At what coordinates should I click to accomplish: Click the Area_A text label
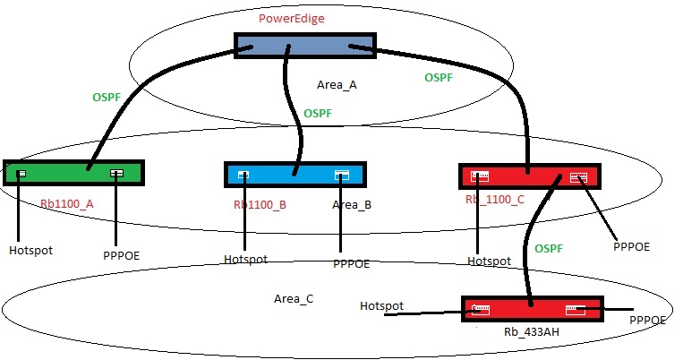(x=337, y=85)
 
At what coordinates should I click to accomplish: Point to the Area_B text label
(x=352, y=204)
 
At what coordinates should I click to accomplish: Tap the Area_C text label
(x=293, y=297)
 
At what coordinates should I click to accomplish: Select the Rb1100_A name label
(x=67, y=203)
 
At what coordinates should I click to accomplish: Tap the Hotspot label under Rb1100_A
(x=31, y=249)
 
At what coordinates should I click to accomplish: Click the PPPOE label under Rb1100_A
(x=121, y=255)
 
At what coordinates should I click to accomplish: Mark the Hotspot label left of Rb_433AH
(x=381, y=306)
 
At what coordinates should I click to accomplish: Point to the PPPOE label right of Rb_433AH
(x=648, y=320)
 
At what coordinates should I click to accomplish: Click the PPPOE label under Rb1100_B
(x=351, y=264)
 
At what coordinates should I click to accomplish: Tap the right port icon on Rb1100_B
(x=342, y=176)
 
